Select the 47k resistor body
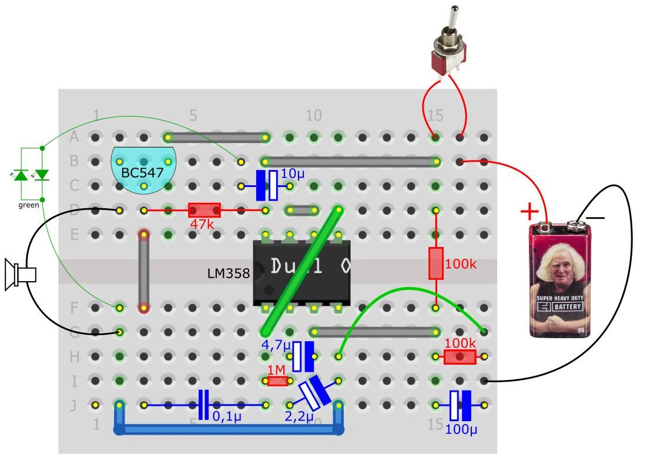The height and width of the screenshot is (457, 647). (x=204, y=210)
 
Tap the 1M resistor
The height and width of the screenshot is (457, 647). (x=277, y=381)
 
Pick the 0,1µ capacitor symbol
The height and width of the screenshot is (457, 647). (x=203, y=405)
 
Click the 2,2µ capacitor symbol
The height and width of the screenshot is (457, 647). (x=314, y=393)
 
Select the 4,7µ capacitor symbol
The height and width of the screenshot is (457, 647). (x=303, y=356)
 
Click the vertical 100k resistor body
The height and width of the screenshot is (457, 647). (x=435, y=263)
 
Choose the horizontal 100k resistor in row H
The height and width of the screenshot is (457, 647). (x=460, y=356)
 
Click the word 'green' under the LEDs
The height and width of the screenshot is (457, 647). (x=29, y=205)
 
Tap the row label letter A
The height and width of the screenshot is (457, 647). (x=74, y=138)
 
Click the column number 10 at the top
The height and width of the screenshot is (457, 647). (x=314, y=115)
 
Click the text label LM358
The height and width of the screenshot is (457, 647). (x=229, y=273)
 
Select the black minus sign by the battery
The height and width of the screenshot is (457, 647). (x=595, y=218)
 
